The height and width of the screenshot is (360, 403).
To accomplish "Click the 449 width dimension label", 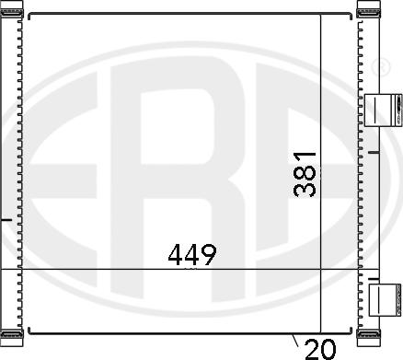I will click(x=191, y=254).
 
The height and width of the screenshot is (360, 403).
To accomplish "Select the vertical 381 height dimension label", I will click(x=306, y=173).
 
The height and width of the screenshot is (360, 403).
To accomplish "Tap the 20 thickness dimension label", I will click(x=318, y=348).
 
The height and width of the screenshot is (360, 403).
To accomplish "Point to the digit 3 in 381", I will click(x=306, y=190).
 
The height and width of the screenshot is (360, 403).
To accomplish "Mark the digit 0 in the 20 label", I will click(x=327, y=348).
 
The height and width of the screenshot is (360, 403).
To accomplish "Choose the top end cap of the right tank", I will click(x=367, y=9).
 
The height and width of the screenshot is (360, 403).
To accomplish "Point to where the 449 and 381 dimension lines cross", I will click(x=319, y=269).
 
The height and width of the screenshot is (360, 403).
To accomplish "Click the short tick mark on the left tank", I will click(x=7, y=220).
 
